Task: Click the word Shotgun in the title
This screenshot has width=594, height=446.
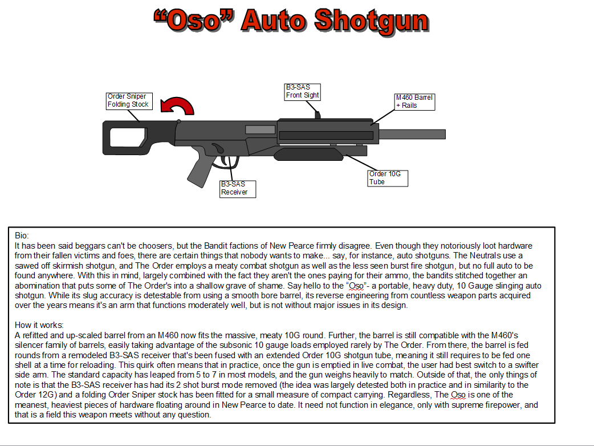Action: [x=371, y=21]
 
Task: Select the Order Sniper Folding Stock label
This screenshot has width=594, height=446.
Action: [x=128, y=101]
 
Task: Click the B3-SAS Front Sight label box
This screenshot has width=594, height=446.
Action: [x=302, y=92]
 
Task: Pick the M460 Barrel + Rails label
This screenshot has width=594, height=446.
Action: [x=414, y=102]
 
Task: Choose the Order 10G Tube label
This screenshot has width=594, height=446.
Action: [x=388, y=178]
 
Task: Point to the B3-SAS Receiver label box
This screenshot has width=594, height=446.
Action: [x=238, y=189]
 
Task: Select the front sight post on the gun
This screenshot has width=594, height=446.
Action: [x=318, y=114]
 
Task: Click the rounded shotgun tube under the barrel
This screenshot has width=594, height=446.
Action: [x=308, y=154]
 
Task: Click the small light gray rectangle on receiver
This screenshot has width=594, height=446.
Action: [x=260, y=130]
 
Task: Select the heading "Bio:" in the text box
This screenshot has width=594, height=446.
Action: [x=21, y=235]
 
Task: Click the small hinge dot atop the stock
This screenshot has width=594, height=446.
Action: [x=179, y=121]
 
